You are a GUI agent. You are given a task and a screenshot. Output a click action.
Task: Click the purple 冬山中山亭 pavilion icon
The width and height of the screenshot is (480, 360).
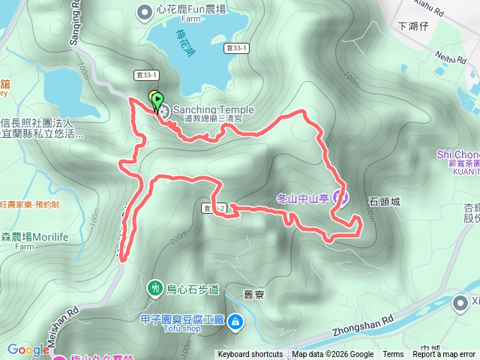point(339,198)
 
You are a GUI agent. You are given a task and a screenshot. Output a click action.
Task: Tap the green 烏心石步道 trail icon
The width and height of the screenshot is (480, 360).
point(155,287)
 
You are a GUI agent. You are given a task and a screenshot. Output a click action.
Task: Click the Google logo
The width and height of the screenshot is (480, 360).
point(28,349)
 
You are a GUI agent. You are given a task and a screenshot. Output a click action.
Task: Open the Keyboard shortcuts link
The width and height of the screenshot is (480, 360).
point(250,355)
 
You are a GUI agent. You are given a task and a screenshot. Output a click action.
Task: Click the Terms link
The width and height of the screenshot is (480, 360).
point(393,355)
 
